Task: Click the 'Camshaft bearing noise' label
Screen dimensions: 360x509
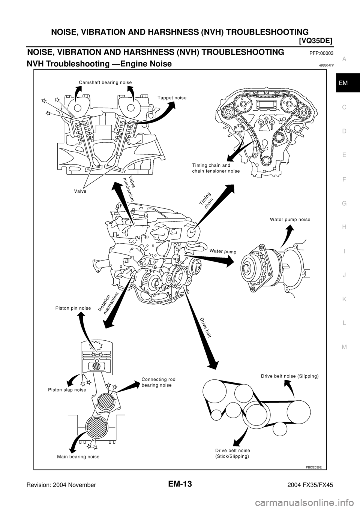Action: [105, 82]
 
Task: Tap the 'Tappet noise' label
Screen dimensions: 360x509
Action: [172, 98]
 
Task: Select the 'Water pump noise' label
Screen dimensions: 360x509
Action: [290, 220]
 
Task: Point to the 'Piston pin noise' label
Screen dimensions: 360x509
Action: [73, 308]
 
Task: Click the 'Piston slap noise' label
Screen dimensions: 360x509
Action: [67, 390]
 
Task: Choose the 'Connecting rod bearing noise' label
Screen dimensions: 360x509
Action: [158, 382]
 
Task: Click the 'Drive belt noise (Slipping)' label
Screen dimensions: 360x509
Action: [289, 376]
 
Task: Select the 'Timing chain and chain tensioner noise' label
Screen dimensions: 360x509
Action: [216, 168]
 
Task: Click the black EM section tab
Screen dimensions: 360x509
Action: [348, 83]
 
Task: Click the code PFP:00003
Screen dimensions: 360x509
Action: [321, 54]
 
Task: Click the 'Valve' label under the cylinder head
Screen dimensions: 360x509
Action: [80, 191]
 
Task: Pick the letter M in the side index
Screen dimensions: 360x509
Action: [344, 347]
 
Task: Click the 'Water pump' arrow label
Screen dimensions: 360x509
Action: [223, 252]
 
